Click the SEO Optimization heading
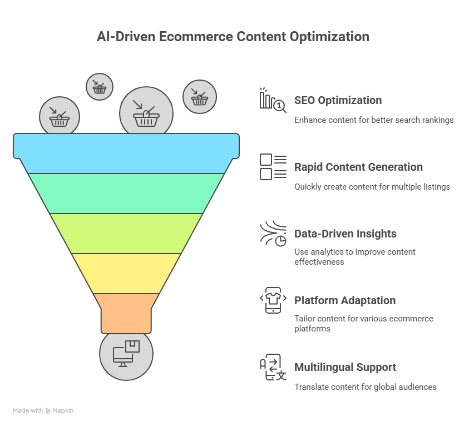point(338,100)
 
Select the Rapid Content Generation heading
point(358,167)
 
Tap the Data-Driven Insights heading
point(345,234)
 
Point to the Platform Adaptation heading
point(345,301)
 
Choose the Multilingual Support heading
point(345,368)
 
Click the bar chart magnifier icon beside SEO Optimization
point(273,100)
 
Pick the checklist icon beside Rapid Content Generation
point(273,167)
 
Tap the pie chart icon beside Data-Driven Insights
point(273,234)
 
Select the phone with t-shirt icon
point(273,300)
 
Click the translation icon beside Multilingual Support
point(273,367)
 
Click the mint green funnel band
point(126,194)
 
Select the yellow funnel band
point(126,274)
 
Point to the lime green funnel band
point(126,234)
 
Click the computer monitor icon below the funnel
point(126,354)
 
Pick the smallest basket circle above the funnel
point(100,87)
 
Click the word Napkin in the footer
point(63,410)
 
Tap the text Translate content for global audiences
point(366,387)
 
